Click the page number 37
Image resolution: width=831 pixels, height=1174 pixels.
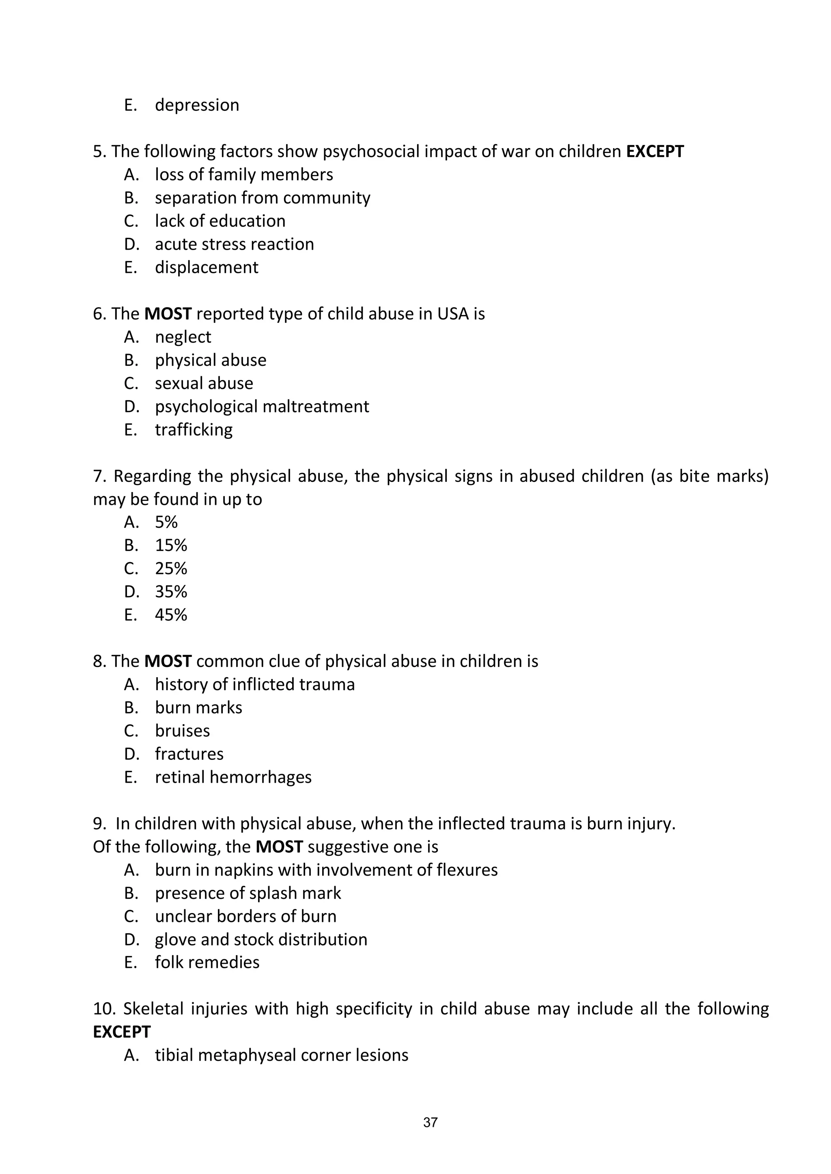[431, 1122]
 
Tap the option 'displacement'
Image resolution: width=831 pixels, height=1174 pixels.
[206, 267]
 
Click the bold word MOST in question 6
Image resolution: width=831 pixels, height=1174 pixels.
[168, 314]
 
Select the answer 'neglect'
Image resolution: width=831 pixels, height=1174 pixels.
[183, 337]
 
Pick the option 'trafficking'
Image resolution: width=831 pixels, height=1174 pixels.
[194, 429]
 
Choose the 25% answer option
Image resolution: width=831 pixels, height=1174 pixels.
[171, 568]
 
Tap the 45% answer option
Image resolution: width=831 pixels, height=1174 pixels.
[171, 614]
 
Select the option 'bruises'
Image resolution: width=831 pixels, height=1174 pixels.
[182, 731]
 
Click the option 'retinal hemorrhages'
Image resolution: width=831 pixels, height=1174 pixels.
[233, 777]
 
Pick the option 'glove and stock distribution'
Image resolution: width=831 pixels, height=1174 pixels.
[261, 939]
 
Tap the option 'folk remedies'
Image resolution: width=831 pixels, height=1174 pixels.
[207, 962]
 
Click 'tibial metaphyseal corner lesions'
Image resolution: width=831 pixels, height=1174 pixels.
[282, 1055]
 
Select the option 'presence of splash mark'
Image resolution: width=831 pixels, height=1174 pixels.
[248, 893]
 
